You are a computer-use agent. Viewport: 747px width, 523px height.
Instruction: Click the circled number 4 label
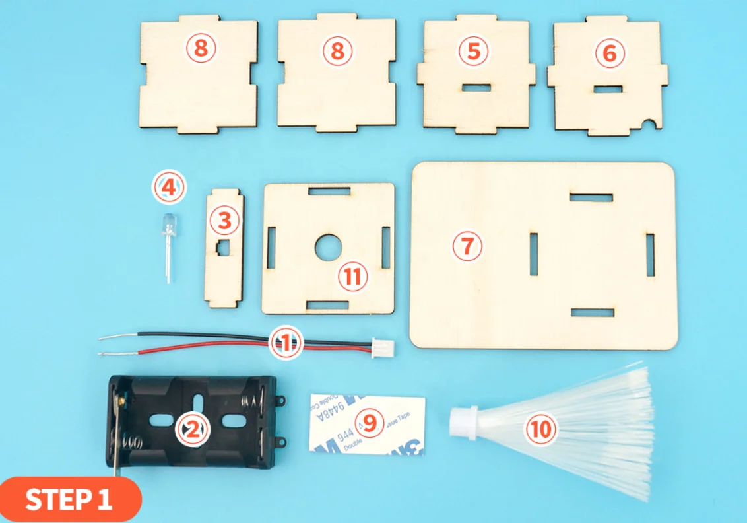(169, 188)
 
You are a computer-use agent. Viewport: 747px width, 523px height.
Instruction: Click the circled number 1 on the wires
(286, 343)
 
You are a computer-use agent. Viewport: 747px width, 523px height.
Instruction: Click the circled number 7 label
(467, 246)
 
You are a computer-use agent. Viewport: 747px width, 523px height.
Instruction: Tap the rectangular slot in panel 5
(476, 87)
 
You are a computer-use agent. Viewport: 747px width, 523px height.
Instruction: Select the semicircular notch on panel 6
(651, 123)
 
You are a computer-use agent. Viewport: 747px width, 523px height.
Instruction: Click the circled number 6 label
(609, 53)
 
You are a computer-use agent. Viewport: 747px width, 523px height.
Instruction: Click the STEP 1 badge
(69, 500)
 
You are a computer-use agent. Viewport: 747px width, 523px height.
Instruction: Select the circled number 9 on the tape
(369, 424)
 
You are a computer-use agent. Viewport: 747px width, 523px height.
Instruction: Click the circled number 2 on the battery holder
(192, 431)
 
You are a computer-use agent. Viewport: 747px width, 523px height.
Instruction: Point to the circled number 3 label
(224, 221)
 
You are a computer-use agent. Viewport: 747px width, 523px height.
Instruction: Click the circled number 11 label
(353, 276)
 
